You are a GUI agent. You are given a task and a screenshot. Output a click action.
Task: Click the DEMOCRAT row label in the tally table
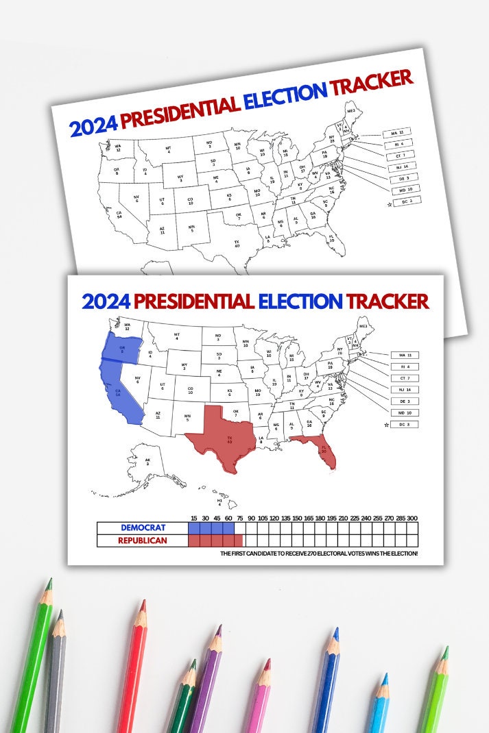point(143,528)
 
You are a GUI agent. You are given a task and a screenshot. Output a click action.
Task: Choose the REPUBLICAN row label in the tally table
point(143,541)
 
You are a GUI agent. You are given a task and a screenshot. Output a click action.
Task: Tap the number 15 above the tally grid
point(195,518)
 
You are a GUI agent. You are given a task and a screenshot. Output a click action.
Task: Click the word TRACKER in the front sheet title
point(387,301)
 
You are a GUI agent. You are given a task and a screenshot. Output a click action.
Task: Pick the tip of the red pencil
point(143,603)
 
